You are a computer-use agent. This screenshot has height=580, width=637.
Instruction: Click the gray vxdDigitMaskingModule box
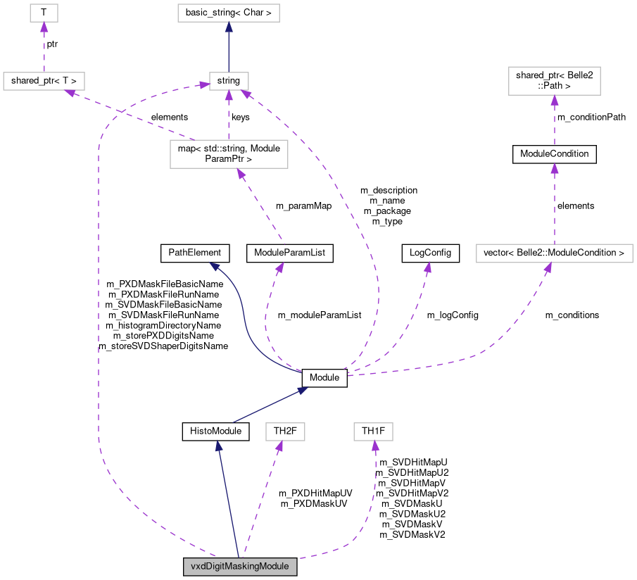point(240,567)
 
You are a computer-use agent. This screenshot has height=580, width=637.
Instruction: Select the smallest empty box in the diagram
point(44,13)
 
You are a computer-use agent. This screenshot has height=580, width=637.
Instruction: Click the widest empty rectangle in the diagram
point(554,253)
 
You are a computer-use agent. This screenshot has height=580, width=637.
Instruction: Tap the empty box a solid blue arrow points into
point(228,13)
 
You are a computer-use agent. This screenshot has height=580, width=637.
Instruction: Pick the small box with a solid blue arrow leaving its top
point(229,81)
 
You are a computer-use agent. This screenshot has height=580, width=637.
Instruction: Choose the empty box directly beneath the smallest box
point(44,81)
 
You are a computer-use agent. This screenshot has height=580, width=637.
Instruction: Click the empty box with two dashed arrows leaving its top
point(229,154)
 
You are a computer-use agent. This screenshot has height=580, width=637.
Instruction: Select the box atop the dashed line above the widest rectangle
point(554,81)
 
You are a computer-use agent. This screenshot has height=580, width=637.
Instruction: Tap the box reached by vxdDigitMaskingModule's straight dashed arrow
point(285,431)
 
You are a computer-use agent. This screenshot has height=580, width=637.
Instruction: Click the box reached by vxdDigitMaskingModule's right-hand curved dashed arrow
point(373,431)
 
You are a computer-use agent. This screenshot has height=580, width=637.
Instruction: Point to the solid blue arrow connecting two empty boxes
point(229,49)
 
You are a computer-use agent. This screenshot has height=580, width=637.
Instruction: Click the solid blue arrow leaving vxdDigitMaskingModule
point(228,500)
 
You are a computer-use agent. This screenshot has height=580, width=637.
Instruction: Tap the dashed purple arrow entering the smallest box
point(44,49)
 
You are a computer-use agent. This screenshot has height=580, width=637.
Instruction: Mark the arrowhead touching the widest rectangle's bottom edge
point(548,267)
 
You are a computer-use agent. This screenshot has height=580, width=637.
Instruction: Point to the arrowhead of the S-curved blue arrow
point(214,266)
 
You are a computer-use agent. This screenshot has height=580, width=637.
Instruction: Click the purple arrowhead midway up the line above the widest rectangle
point(554,168)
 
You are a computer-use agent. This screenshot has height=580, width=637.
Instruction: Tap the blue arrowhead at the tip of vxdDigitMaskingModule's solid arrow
point(218,445)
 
